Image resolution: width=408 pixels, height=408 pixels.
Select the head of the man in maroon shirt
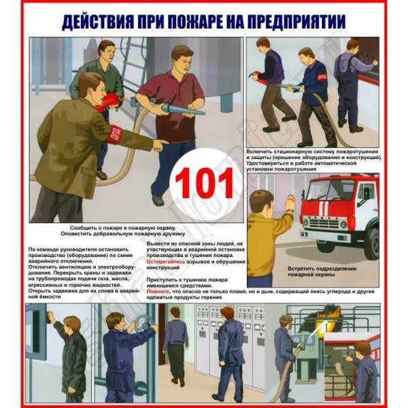coord(182,58)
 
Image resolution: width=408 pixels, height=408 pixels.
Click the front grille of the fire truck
coord(333,224)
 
